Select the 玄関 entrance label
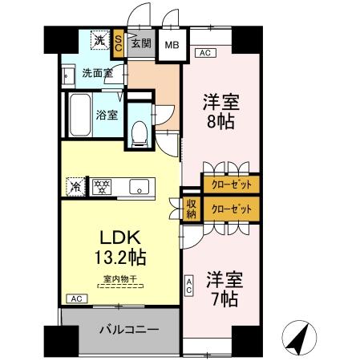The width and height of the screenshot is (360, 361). pyautogui.click(x=141, y=43)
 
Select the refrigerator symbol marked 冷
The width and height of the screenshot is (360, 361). pyautogui.click(x=73, y=186)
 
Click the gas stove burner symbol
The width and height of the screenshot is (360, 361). pyautogui.click(x=102, y=186)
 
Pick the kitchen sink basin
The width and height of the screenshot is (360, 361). pyautogui.click(x=141, y=186)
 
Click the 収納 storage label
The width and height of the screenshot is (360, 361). pyautogui.click(x=192, y=208)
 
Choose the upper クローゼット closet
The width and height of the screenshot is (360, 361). pyautogui.click(x=231, y=184)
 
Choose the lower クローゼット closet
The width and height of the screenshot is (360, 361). pyautogui.click(x=231, y=209)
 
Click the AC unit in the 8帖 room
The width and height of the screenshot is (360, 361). pyautogui.click(x=204, y=54)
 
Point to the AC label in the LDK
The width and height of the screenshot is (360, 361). pyautogui.click(x=76, y=299)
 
